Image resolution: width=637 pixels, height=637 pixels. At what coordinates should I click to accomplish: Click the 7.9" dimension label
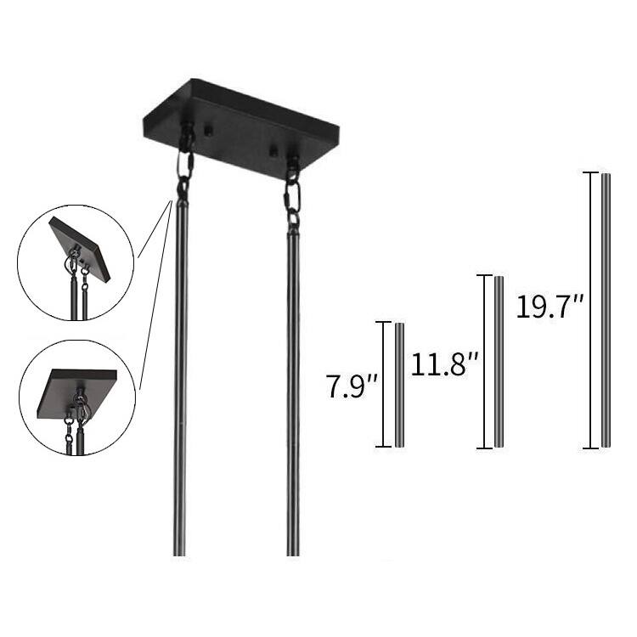pyautogui.click(x=352, y=386)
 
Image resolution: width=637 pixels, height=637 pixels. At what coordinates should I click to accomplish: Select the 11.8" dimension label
pyautogui.click(x=445, y=364)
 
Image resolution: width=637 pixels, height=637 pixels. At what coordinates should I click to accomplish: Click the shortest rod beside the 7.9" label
pyautogui.click(x=399, y=385)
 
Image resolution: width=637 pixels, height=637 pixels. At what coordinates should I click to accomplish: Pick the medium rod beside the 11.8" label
pyautogui.click(x=499, y=362)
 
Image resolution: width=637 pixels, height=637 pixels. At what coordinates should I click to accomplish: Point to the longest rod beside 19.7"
pyautogui.click(x=606, y=310)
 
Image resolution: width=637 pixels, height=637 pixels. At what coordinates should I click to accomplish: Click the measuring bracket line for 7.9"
pyautogui.click(x=383, y=384)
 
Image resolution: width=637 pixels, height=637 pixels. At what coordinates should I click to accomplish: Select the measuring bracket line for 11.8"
pyautogui.click(x=484, y=362)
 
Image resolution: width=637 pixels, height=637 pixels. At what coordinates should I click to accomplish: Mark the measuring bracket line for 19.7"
pyautogui.click(x=590, y=310)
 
